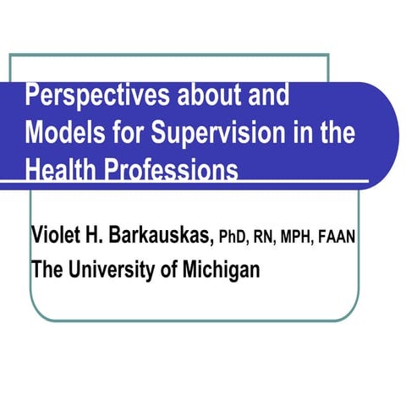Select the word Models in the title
point(63,133)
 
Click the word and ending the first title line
point(269,96)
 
